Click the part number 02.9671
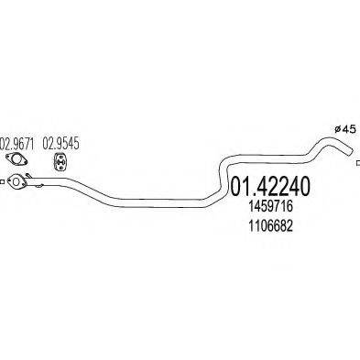(x=17, y=144)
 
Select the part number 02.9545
(x=60, y=144)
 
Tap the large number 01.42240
(x=270, y=186)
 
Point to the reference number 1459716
(x=271, y=207)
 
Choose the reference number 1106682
(x=271, y=226)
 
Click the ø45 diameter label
(x=345, y=129)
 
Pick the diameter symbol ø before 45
(x=337, y=130)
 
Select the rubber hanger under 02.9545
(x=60, y=161)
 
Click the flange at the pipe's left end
(x=16, y=181)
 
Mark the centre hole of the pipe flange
(x=16, y=181)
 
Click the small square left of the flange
(x=2, y=182)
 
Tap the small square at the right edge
(x=358, y=163)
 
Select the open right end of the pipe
(x=351, y=153)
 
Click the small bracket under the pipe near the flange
(x=38, y=186)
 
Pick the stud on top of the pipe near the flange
(x=28, y=175)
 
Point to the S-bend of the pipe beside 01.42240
(x=222, y=178)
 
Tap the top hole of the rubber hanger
(x=60, y=157)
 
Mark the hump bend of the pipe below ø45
(x=324, y=142)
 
